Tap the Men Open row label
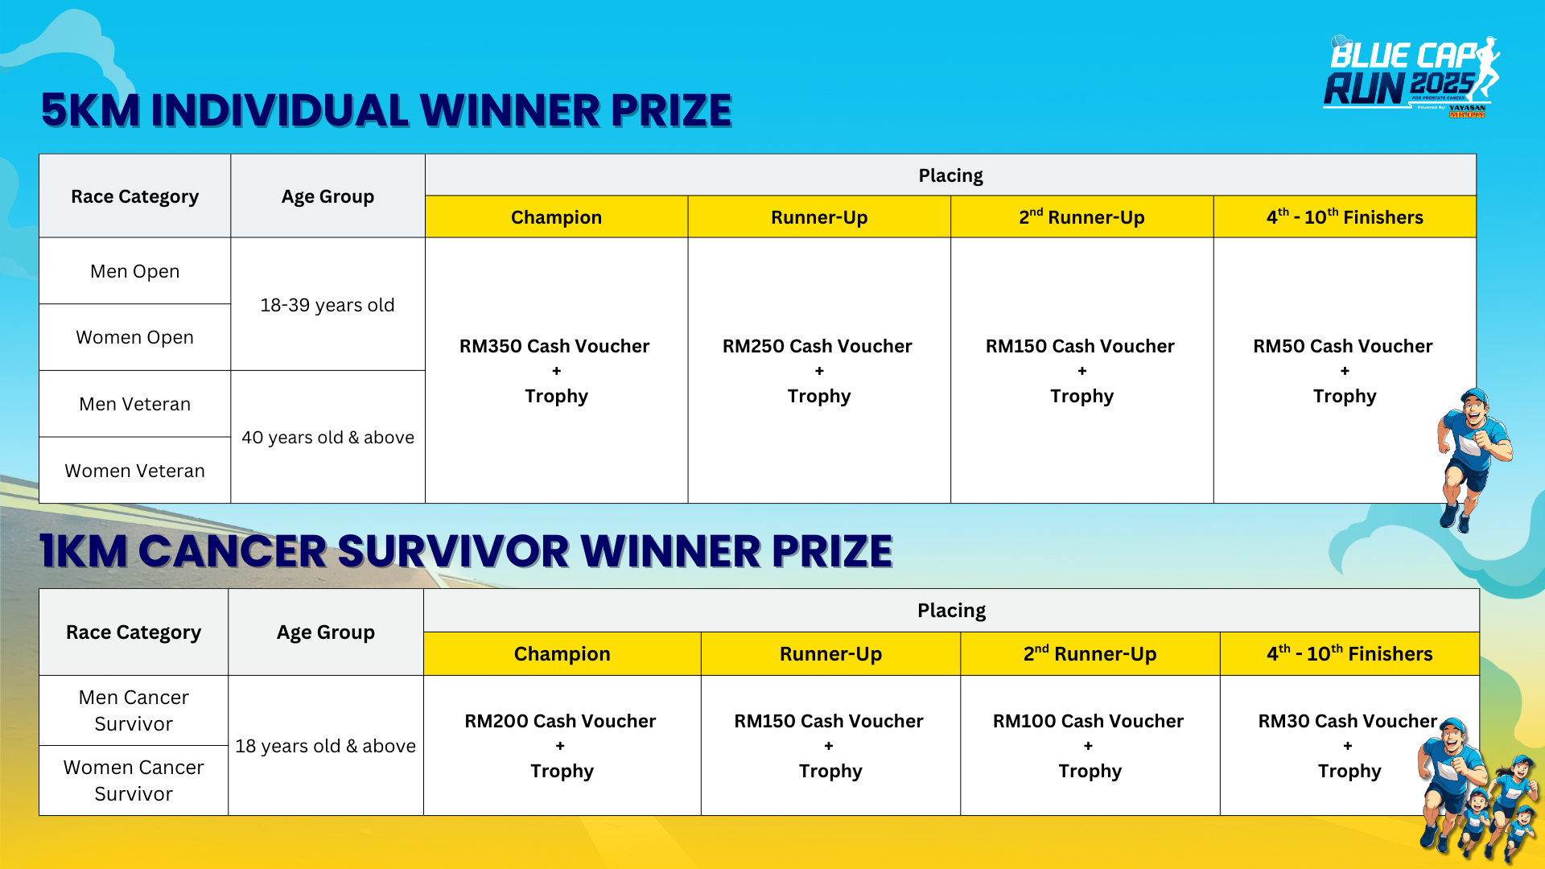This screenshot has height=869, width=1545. [x=135, y=271]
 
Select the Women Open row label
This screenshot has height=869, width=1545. [x=135, y=337]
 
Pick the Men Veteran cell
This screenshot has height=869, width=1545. [x=135, y=404]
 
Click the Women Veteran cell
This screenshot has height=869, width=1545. [x=135, y=471]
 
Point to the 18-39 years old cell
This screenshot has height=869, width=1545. [x=328, y=304]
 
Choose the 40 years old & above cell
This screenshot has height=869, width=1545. [x=328, y=437]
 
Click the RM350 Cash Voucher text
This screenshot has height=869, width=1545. [x=554, y=346]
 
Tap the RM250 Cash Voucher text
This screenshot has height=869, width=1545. [x=818, y=346]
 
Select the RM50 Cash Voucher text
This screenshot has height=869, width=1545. [x=1343, y=346]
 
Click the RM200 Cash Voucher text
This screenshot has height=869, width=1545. [x=560, y=721]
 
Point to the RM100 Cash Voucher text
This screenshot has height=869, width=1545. [x=1088, y=721]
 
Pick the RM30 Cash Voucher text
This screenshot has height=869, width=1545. [x=1348, y=721]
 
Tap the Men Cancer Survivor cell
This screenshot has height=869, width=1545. [x=134, y=710]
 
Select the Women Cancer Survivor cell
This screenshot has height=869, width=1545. [x=134, y=780]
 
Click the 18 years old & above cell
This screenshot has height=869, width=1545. [x=326, y=746]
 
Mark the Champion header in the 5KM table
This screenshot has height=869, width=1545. [x=556, y=217]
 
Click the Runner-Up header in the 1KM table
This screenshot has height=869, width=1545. [x=830, y=654]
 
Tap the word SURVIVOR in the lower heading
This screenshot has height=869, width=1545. [x=453, y=551]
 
